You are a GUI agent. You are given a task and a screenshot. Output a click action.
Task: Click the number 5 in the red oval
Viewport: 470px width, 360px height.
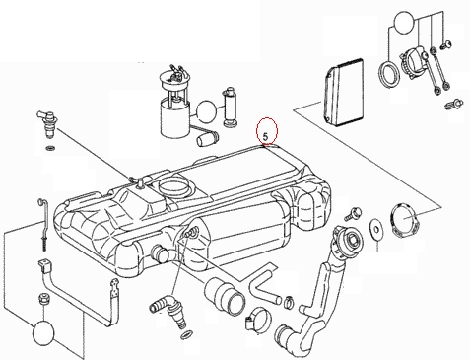click(265, 136)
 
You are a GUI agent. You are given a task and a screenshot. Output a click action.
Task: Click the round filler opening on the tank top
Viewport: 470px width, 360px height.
click(173, 186)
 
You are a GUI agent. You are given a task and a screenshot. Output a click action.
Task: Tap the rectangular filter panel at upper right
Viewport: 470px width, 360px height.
click(344, 92)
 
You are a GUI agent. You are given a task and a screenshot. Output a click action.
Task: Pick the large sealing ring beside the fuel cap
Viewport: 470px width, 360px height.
click(389, 76)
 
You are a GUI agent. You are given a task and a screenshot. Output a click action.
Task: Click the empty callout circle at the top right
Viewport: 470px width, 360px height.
click(404, 23)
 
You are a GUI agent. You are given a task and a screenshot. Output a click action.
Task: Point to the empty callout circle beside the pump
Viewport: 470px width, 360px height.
click(206, 110)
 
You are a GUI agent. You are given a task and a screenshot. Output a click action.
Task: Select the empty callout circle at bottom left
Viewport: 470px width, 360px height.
click(43, 332)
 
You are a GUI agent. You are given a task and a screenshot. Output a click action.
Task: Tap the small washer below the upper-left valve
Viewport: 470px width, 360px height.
click(49, 148)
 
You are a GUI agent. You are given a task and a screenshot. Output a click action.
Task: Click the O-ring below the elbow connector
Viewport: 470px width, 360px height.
click(186, 335)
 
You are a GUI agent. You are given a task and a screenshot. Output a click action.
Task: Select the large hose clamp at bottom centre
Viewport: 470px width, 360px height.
click(258, 320)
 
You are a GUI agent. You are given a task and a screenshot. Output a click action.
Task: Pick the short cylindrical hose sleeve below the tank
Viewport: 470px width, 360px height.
click(225, 294)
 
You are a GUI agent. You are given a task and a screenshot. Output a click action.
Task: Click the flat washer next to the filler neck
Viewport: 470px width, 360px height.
click(375, 228)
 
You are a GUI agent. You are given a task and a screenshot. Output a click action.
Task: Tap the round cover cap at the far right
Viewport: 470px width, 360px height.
click(405, 220)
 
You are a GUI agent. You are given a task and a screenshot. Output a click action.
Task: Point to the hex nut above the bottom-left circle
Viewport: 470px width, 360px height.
click(43, 299)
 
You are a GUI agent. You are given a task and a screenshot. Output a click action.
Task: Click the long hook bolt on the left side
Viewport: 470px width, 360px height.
click(44, 224)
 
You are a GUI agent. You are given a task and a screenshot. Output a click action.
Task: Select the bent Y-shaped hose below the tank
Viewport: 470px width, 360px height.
click(264, 285)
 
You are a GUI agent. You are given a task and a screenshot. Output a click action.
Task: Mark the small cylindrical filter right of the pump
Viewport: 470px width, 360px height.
click(229, 108)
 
